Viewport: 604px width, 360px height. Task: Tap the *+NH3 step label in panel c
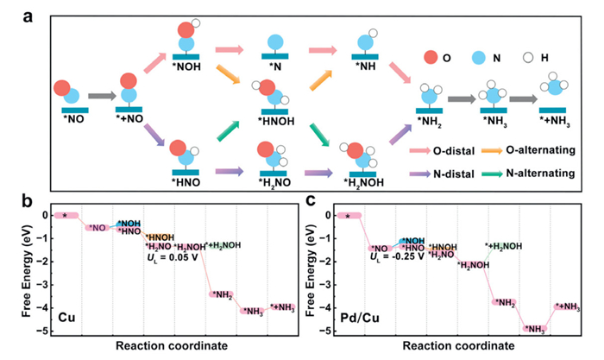click(x=567, y=306)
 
